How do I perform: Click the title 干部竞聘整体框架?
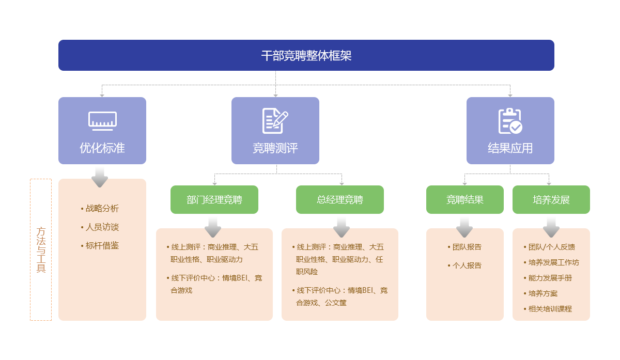coord(306,56)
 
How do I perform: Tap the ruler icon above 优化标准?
coord(102,121)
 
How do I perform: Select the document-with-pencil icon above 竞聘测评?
coord(275,121)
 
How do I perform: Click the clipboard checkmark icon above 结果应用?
coord(510,121)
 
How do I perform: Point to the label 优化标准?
coord(102,148)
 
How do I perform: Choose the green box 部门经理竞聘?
coord(214,199)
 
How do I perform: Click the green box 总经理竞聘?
coord(340,199)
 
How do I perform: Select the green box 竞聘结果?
coord(464,199)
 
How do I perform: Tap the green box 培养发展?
coord(551,199)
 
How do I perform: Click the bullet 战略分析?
coord(100,208)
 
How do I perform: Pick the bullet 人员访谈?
coord(100,227)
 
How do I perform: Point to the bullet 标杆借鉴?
coord(100,246)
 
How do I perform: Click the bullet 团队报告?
coord(464,247)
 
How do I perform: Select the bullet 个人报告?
coord(464,265)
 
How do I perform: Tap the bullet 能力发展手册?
coord(548,278)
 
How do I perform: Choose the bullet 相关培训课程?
coord(548,309)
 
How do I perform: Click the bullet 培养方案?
coord(540,293)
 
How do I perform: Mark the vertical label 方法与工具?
coord(41,250)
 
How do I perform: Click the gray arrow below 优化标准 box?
coord(100,177)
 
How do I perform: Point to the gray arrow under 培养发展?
coord(551,227)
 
